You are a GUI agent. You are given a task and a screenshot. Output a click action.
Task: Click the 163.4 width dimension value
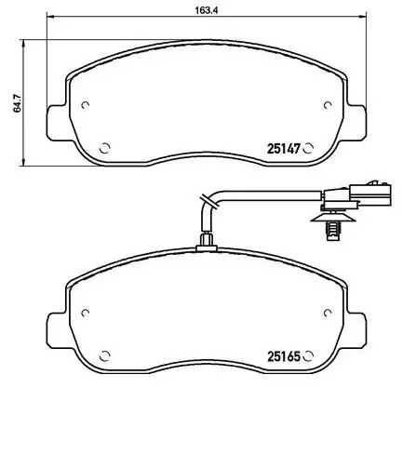coord(207,10)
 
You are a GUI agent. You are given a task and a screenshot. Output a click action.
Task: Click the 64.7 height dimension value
coord(18,103)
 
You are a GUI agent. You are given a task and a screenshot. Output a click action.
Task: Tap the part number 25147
coord(284,149)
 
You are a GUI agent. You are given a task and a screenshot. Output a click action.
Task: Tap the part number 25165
coord(284,356)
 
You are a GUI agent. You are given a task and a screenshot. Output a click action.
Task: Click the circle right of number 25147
coord(308,148)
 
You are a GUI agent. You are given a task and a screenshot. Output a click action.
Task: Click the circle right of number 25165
coord(308,355)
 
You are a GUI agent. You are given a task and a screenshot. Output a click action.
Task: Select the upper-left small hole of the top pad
coord(85,105)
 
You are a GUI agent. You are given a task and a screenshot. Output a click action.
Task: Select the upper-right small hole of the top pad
coord(328,105)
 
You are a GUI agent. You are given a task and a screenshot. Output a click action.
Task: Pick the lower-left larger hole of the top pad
coord(105,148)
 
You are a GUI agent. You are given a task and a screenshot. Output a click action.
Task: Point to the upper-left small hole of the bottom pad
coord(85,313)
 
